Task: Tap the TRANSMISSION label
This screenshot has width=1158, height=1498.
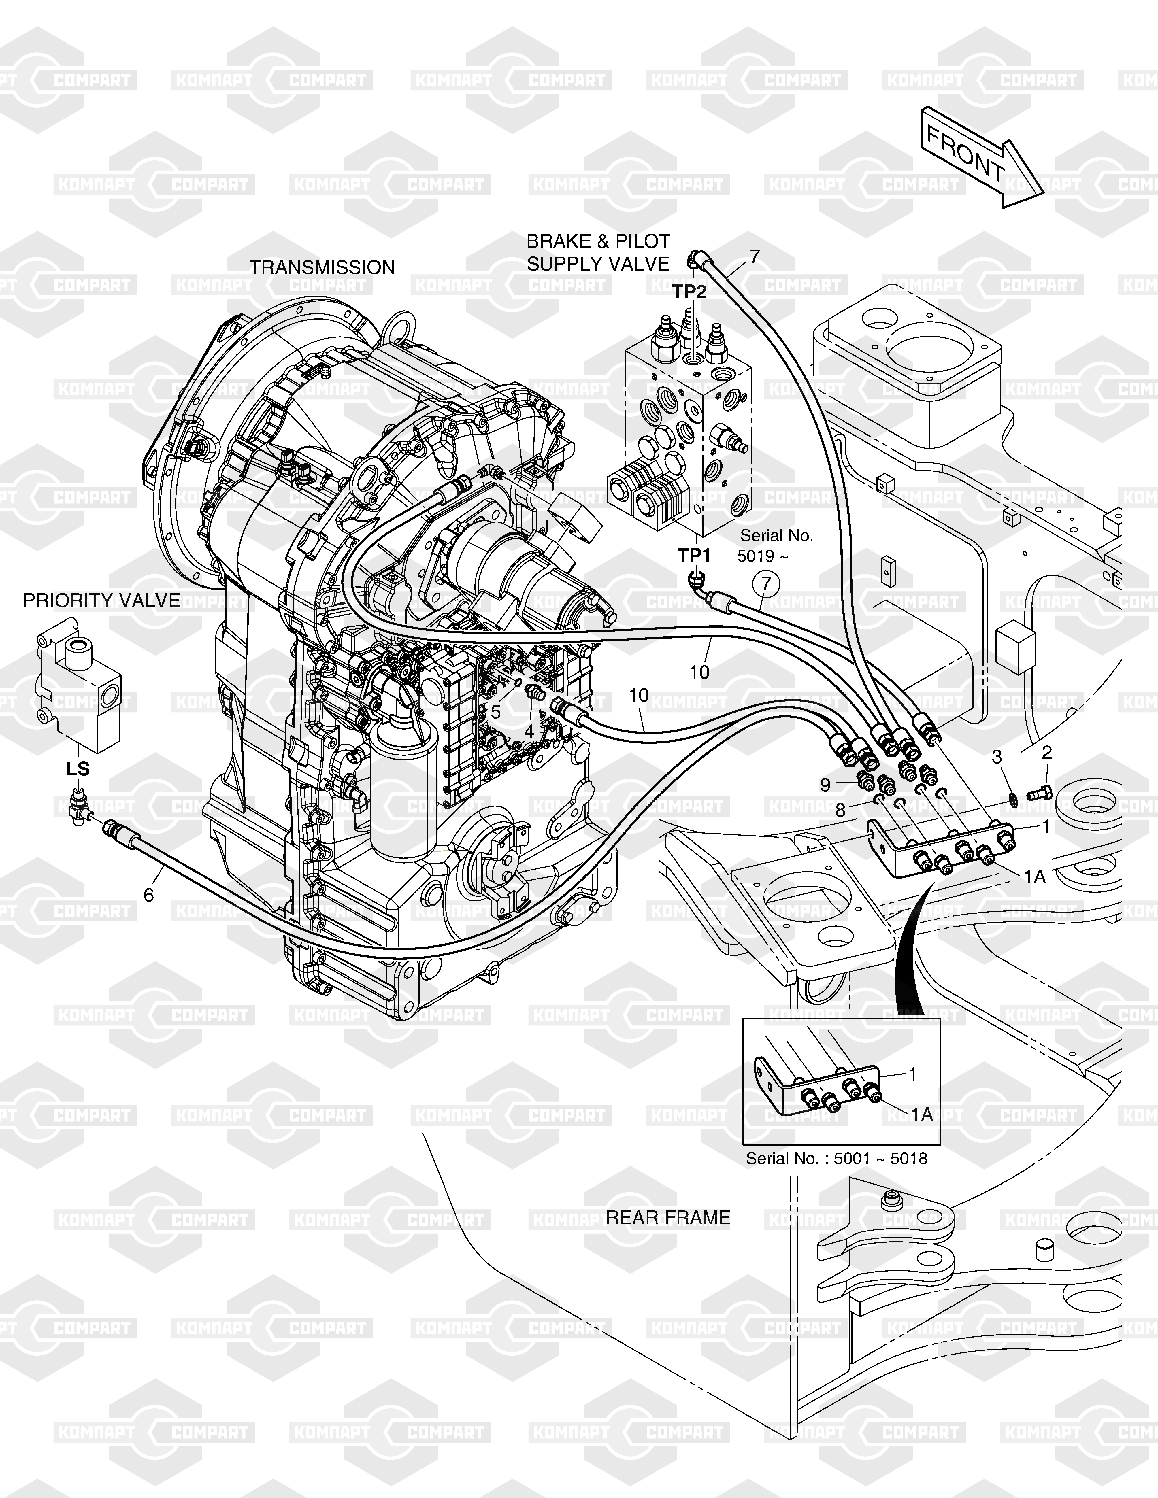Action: (322, 267)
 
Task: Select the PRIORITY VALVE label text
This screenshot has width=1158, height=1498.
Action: (101, 601)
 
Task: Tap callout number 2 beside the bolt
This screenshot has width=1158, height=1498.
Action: (1046, 753)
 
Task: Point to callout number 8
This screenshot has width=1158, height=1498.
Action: (840, 810)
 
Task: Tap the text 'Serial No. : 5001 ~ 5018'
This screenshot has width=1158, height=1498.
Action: (836, 1159)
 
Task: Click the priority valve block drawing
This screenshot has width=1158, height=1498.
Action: (81, 693)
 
